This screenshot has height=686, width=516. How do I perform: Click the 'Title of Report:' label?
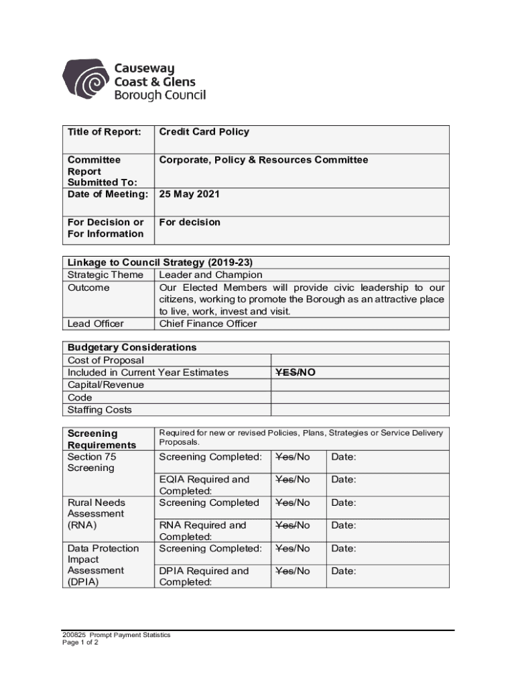pos(104,132)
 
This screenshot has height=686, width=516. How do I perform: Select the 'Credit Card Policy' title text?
pos(204,132)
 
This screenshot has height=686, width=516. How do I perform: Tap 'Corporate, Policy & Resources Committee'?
pos(263,160)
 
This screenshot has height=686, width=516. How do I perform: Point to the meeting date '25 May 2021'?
pos(189,194)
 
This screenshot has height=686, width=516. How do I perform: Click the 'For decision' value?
pos(190,222)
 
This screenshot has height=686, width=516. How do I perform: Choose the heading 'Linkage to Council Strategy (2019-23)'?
pos(160,263)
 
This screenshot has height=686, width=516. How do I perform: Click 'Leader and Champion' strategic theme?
pos(210,275)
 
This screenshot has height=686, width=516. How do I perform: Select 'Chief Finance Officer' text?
pos(208,324)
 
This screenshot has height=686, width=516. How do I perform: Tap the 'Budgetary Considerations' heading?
pos(132,348)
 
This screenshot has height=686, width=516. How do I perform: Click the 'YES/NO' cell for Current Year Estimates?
pos(295,372)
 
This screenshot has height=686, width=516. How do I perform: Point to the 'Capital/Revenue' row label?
pos(106,385)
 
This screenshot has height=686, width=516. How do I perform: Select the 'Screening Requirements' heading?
pos(102,439)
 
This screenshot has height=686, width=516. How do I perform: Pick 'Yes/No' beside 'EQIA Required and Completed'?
pos(293,480)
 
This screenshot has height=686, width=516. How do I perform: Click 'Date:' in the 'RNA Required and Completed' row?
pos(344,526)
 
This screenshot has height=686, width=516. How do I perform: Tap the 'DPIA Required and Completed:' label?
pos(204,577)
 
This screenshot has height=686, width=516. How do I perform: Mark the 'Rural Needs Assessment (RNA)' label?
pos(96,514)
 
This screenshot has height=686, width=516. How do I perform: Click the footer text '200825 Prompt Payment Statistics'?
pos(116,635)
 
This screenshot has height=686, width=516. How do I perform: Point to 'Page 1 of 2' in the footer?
pos(80,642)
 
